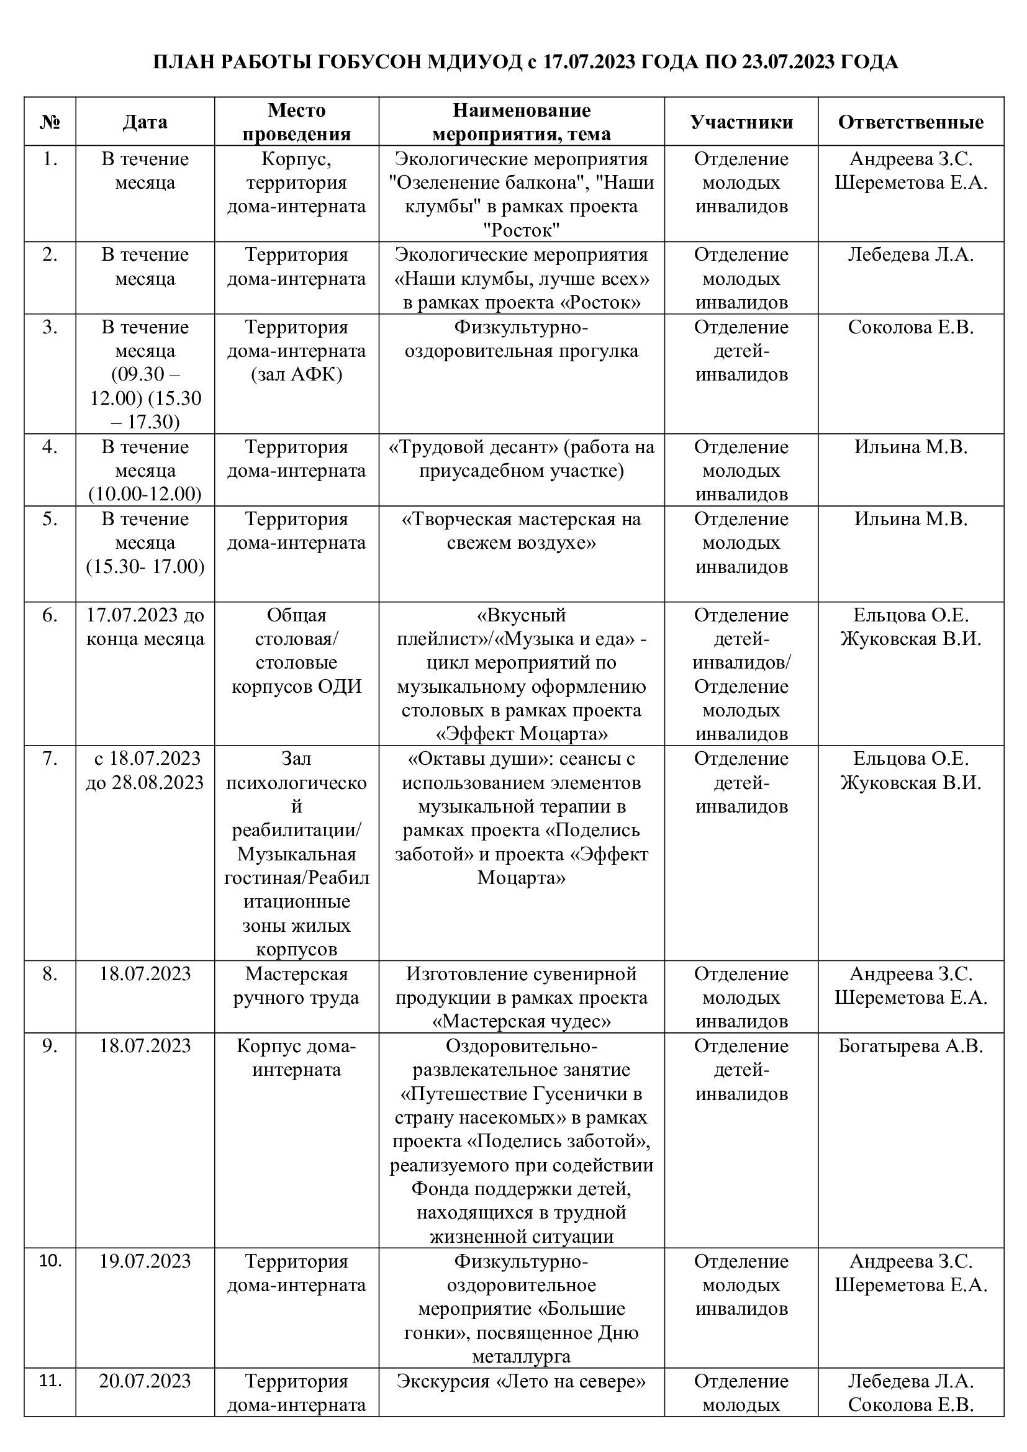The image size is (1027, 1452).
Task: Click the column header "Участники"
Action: pyautogui.click(x=741, y=122)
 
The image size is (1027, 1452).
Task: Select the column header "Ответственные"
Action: pyautogui.click(x=911, y=122)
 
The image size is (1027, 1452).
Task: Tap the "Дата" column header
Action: pyautogui.click(x=145, y=122)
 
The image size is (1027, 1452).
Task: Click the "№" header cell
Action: pyautogui.click(x=50, y=122)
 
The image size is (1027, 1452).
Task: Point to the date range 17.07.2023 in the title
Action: pyautogui.click(x=589, y=63)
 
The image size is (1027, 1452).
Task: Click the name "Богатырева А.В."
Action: pyautogui.click(x=911, y=1046)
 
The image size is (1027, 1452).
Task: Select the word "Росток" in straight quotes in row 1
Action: pyautogui.click(x=521, y=230)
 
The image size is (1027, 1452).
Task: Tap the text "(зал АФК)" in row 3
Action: pyautogui.click(x=297, y=375)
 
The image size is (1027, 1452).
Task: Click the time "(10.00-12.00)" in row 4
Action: pyautogui.click(x=145, y=494)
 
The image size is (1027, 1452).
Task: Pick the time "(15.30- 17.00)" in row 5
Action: pyautogui.click(x=145, y=567)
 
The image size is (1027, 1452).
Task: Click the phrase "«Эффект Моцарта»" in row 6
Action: pyautogui.click(x=521, y=734)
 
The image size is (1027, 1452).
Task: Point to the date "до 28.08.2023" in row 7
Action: pyautogui.click(x=145, y=783)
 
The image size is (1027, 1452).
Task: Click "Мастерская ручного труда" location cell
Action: pyautogui.click(x=297, y=986)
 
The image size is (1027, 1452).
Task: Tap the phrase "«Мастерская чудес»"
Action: pyautogui.click(x=521, y=1022)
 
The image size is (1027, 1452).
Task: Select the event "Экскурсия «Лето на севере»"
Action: pyautogui.click(x=521, y=1381)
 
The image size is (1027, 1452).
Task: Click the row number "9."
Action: pyautogui.click(x=50, y=1046)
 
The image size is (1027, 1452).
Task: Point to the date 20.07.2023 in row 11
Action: pyautogui.click(x=145, y=1381)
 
